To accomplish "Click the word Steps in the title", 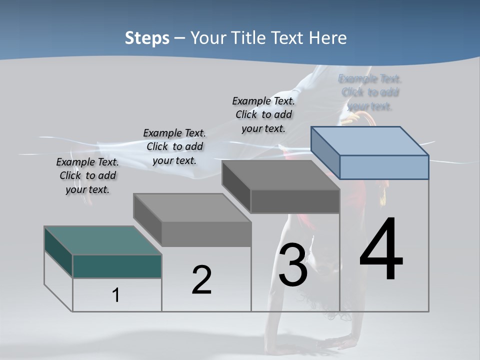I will click(147, 38).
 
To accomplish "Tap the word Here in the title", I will click(327, 38).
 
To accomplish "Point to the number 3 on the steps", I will click(292, 265).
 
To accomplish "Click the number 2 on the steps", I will click(201, 280).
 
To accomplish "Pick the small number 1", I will click(116, 295).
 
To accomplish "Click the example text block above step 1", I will click(87, 175).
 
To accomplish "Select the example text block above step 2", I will click(174, 146).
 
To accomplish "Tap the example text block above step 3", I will click(263, 114).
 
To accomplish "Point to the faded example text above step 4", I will click(370, 92).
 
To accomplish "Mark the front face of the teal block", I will click(117, 266).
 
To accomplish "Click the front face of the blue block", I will click(384, 167).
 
